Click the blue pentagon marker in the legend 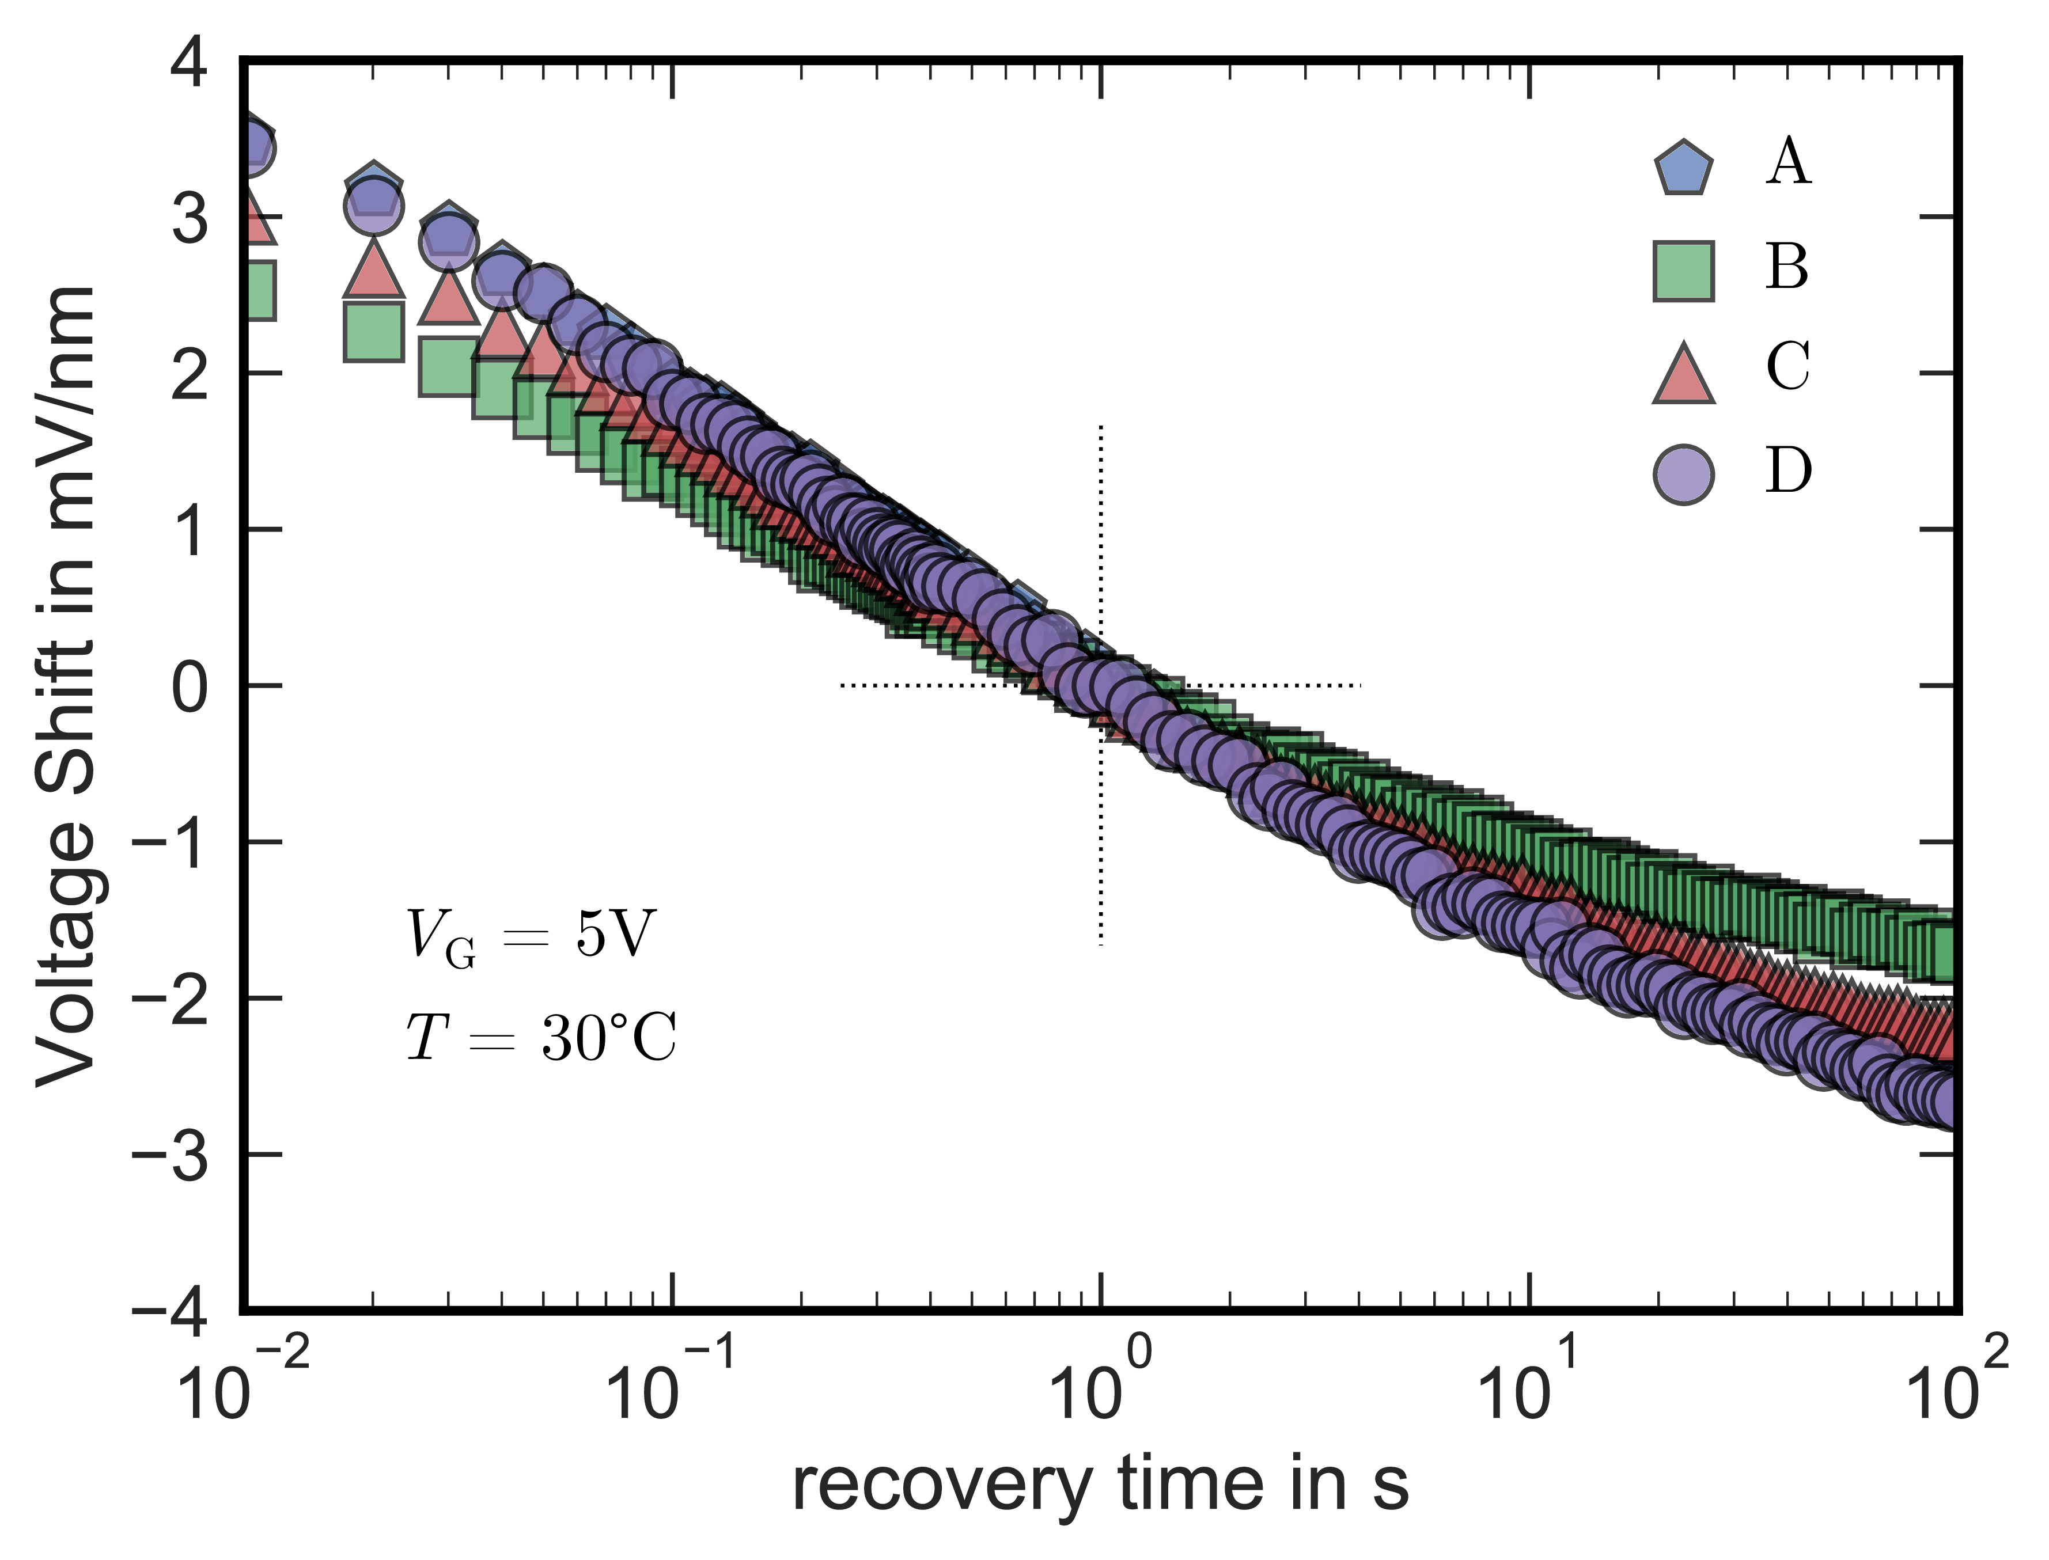point(1683,169)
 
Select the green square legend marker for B point(1683,271)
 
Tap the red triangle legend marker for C point(1683,373)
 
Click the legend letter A point(1788,164)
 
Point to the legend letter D point(1788,471)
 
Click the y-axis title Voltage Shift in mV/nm point(67,685)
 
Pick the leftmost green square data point point(253,290)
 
